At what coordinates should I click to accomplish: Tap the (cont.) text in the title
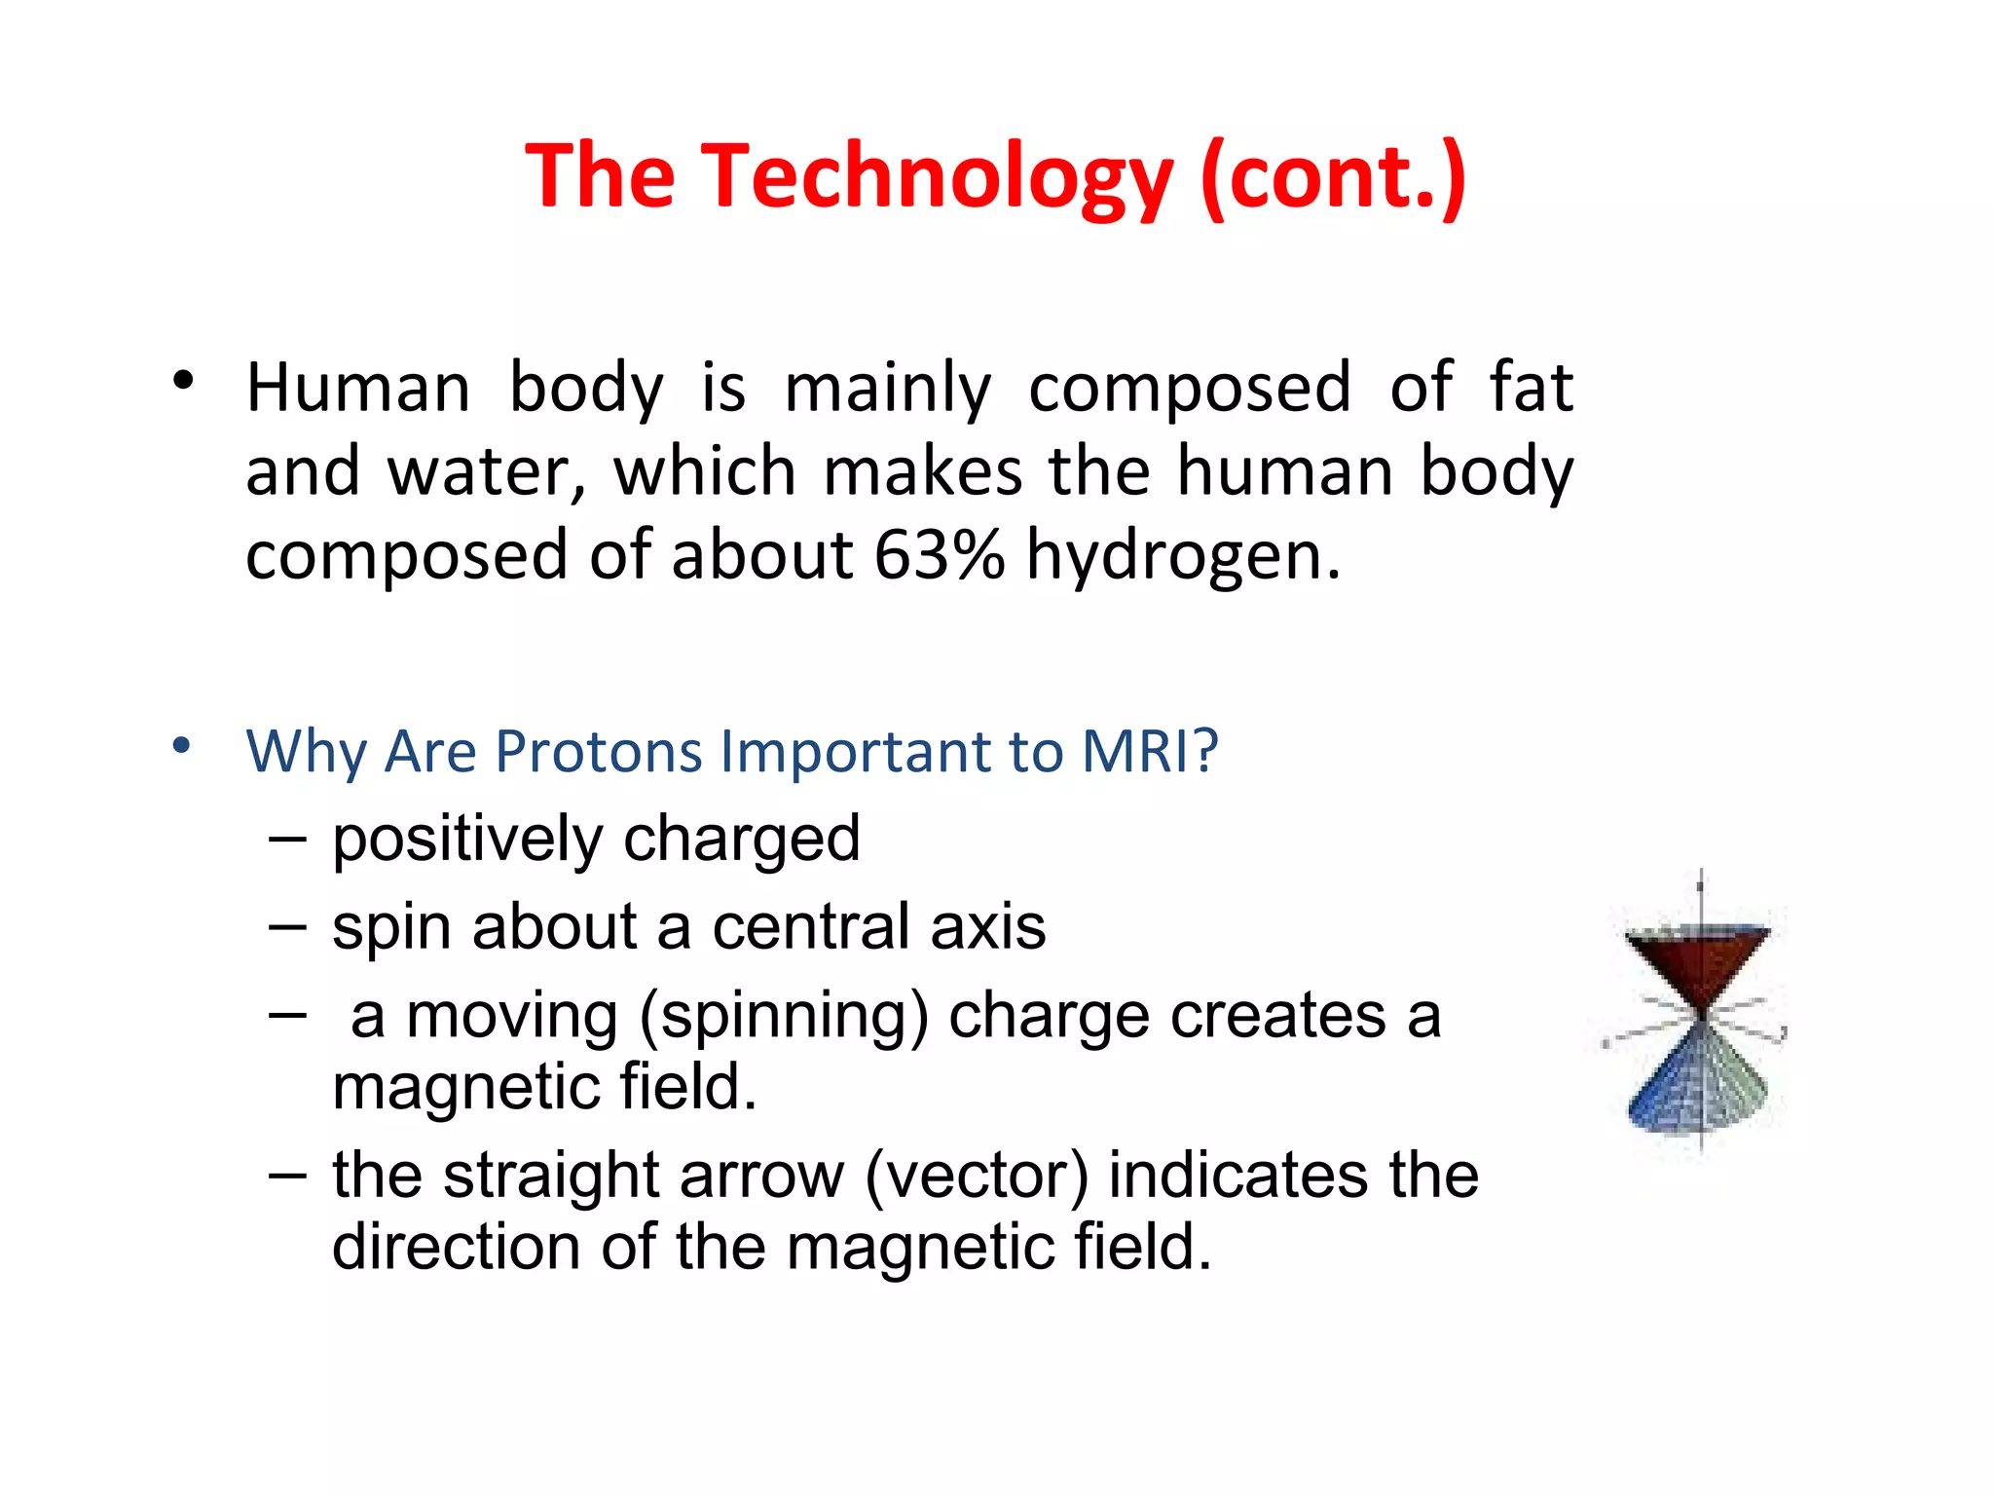1333,176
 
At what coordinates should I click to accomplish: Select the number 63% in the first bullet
939,555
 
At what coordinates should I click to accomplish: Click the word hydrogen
1183,557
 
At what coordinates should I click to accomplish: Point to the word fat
1531,388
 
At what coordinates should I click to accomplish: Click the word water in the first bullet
487,472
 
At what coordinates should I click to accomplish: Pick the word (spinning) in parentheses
784,1017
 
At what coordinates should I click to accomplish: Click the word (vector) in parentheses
977,1176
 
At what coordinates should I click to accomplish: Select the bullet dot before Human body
183,381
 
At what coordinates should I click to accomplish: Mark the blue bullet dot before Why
181,746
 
